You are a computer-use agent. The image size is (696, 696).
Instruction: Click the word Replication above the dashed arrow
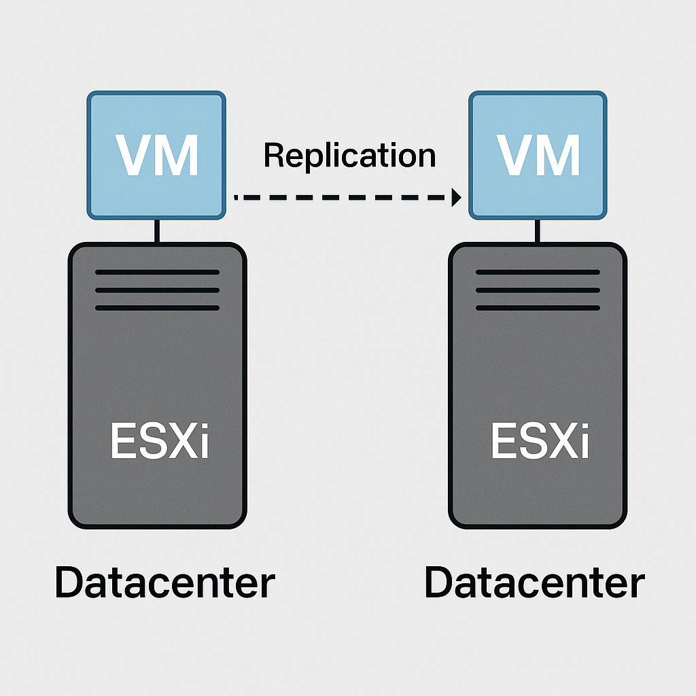point(349,156)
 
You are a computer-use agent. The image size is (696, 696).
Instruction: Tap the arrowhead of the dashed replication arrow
point(456,198)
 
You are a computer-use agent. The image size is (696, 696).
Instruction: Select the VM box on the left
point(156,156)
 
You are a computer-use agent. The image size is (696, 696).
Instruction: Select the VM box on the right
point(538,156)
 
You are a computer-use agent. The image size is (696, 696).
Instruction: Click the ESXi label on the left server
point(160,442)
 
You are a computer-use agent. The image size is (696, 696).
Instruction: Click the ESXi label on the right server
point(540,442)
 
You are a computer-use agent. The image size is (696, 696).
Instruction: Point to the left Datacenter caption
point(165,583)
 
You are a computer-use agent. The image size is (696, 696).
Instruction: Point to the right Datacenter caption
point(534,583)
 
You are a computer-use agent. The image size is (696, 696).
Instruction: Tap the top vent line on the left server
point(157,272)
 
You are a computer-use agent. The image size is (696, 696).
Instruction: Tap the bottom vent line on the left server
point(157,308)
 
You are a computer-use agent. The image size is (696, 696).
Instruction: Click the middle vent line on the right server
point(538,290)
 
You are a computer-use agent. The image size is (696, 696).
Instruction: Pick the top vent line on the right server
point(538,272)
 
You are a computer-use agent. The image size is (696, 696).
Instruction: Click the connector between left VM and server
point(157,231)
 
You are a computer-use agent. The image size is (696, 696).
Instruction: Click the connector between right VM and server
point(538,231)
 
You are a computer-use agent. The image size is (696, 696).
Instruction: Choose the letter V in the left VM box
point(134,156)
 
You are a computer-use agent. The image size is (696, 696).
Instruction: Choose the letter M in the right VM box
point(559,156)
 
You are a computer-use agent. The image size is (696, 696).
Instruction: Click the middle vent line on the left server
point(157,290)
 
